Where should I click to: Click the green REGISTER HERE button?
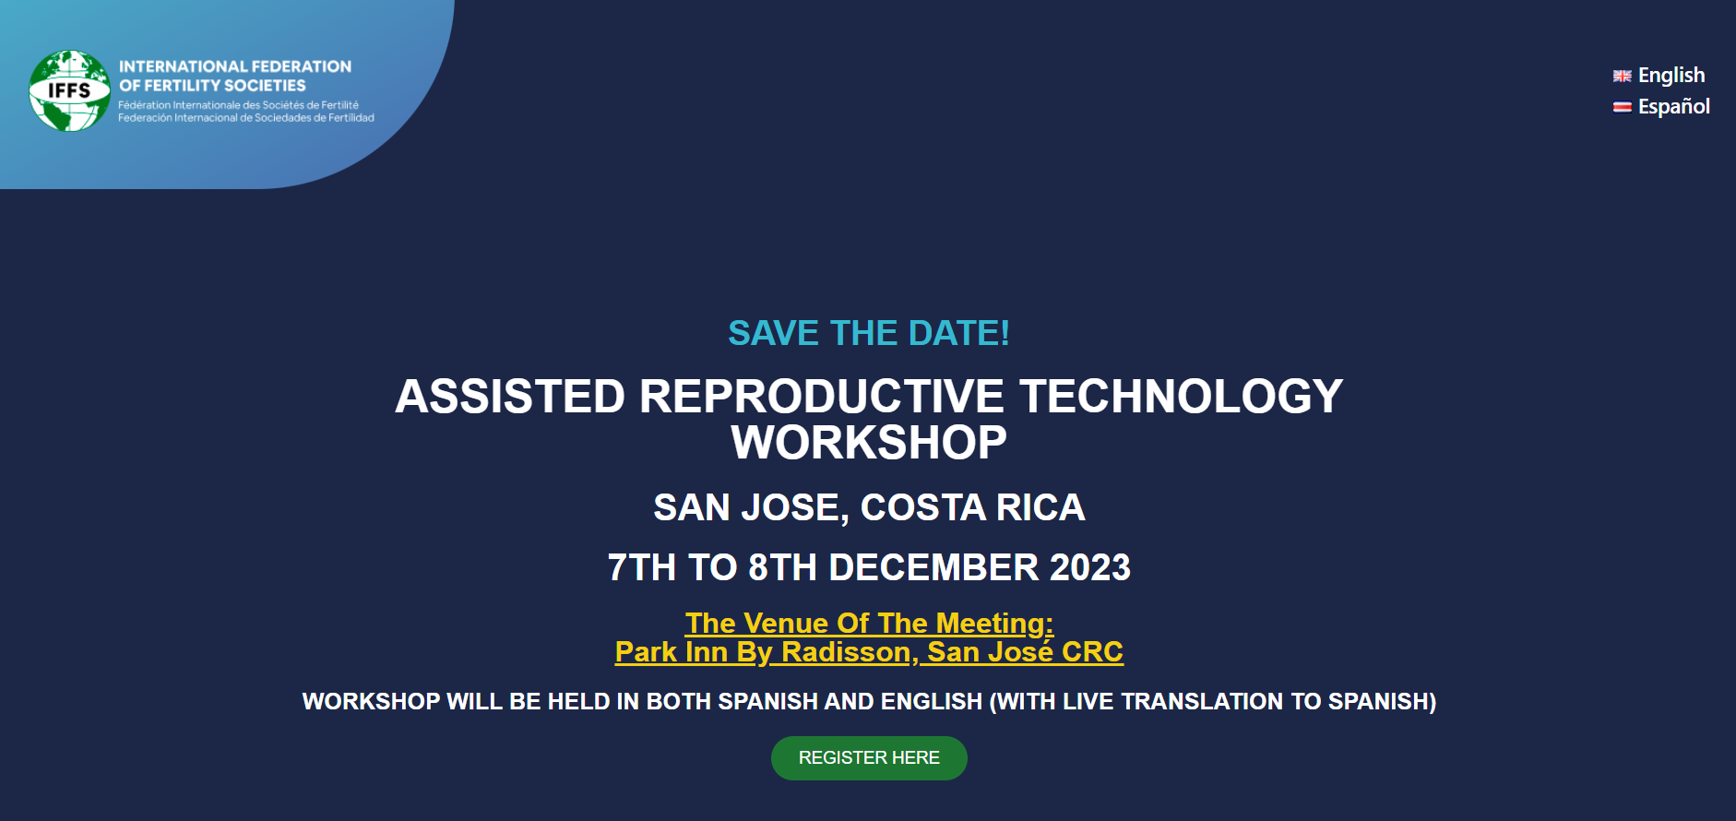[869, 758]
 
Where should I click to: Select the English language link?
[1671, 76]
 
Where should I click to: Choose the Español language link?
[1674, 107]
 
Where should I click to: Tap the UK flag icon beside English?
[1623, 77]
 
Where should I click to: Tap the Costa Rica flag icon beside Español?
[1623, 108]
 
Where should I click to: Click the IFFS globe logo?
[70, 90]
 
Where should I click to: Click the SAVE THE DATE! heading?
[869, 333]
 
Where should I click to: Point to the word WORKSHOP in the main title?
[869, 443]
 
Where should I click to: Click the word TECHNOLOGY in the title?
[1182, 397]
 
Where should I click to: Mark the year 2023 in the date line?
[1090, 567]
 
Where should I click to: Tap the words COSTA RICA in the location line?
[973, 507]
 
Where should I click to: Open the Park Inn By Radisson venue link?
[869, 652]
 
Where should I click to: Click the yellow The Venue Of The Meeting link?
[869, 624]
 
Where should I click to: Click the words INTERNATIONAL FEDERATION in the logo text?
[235, 66]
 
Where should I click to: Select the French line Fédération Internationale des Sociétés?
[239, 105]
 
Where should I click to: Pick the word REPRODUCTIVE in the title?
[822, 397]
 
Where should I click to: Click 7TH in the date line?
[642, 567]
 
